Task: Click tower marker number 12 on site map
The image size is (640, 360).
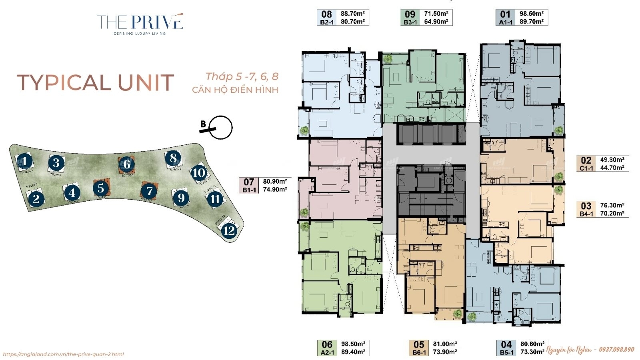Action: (x=229, y=231)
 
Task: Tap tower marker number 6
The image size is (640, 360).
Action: (x=126, y=164)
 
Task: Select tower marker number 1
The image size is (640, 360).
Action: (x=24, y=162)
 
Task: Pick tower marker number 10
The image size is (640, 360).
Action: (x=199, y=173)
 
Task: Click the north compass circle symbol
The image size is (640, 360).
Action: (x=221, y=128)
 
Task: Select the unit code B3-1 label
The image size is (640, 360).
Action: (x=410, y=22)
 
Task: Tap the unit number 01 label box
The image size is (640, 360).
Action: (x=505, y=14)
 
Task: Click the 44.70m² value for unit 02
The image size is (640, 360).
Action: (x=612, y=168)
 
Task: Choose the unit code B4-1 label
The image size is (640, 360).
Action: (x=586, y=214)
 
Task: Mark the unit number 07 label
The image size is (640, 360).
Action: (x=249, y=182)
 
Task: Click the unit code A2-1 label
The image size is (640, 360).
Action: (x=327, y=352)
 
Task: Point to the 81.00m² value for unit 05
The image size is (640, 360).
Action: (x=445, y=344)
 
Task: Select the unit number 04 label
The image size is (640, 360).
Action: (x=506, y=344)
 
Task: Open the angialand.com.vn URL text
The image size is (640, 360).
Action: (x=63, y=354)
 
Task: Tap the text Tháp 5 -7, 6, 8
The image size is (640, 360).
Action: (x=242, y=76)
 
